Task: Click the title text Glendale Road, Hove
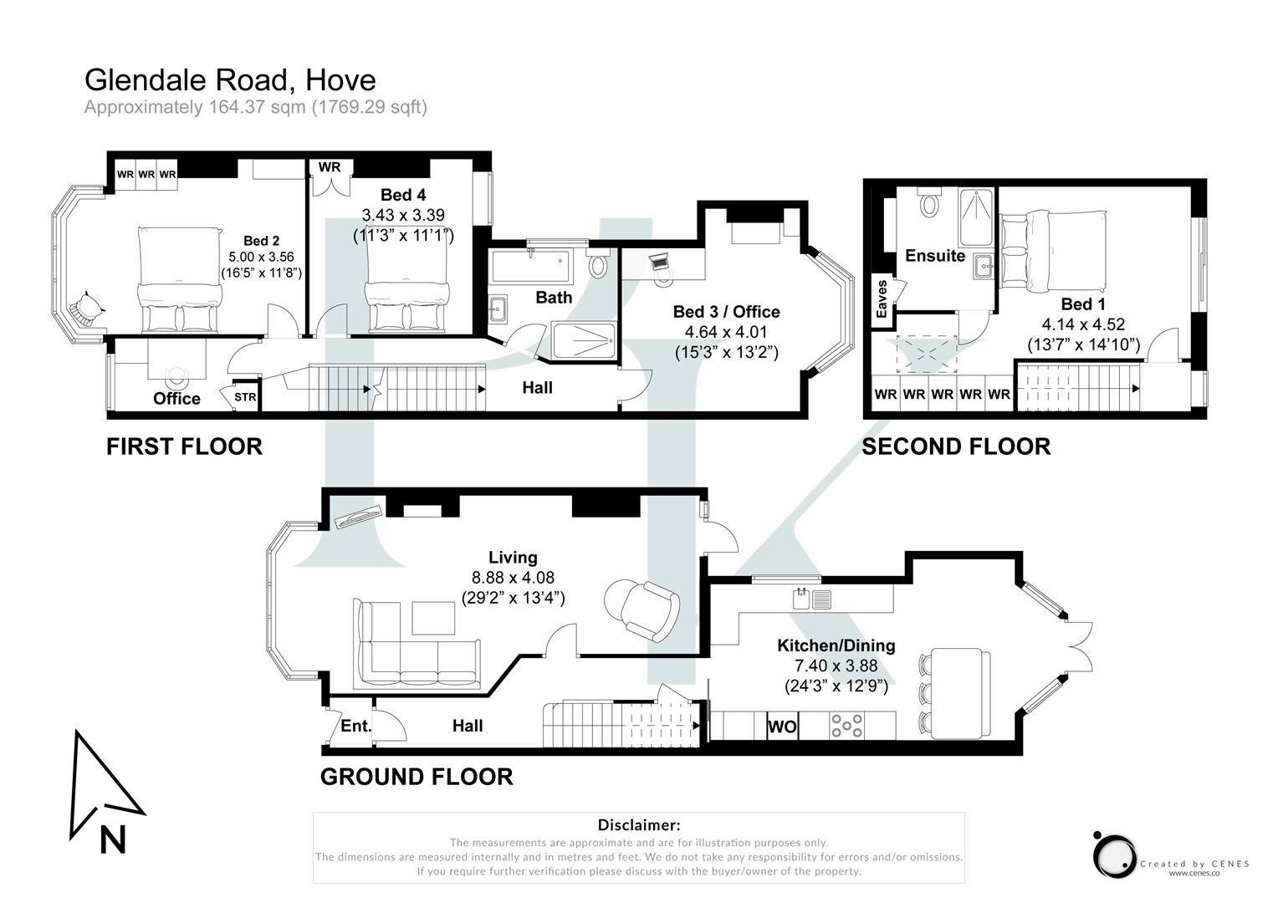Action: point(230,80)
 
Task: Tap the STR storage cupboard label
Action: point(245,397)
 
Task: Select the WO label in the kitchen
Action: point(782,727)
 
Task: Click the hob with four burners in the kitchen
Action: point(846,726)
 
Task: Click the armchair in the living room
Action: point(642,610)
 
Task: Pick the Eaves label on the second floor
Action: point(882,298)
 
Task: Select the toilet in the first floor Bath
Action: point(598,266)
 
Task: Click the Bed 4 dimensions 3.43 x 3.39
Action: point(402,216)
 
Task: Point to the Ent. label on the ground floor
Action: point(355,726)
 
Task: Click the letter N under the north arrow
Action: point(113,839)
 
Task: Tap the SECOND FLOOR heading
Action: point(956,446)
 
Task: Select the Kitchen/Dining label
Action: point(836,645)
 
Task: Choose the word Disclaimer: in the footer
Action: point(638,825)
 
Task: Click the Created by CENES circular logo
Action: point(1113,855)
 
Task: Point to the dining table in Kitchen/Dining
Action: point(960,693)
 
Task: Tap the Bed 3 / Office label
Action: point(726,312)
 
